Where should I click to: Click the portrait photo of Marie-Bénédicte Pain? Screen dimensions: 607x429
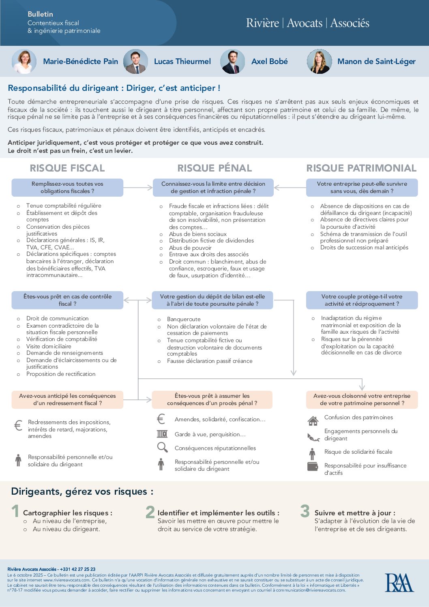click(24, 61)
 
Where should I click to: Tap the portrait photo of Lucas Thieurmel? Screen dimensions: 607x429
click(135, 62)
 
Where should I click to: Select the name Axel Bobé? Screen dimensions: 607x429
click(269, 62)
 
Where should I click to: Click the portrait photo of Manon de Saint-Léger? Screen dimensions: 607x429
click(319, 62)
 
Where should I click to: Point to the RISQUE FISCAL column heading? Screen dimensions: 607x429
click(67, 168)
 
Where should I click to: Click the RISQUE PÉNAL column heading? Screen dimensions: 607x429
click(214, 168)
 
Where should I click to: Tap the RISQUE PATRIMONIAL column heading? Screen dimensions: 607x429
click(361, 168)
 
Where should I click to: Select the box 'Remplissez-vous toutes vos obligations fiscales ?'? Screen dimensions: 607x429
click(67, 187)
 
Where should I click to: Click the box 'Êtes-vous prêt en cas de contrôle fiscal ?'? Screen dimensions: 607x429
click(67, 300)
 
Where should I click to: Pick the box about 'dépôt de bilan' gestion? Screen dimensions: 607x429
click(212, 300)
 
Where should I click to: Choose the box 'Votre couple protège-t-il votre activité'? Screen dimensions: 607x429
click(362, 300)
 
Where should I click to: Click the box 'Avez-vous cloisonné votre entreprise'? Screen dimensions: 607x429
click(362, 399)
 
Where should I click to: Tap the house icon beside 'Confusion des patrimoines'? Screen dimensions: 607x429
click(313, 421)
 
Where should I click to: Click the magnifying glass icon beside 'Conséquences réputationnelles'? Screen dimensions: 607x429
click(162, 447)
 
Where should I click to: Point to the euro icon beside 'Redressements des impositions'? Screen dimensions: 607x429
click(18, 425)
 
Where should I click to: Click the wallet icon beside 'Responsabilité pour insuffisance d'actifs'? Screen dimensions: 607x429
click(313, 466)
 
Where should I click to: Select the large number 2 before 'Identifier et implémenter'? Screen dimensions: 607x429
click(150, 512)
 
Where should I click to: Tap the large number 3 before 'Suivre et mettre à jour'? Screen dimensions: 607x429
click(305, 511)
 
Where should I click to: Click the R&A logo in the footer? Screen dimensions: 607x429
click(399, 583)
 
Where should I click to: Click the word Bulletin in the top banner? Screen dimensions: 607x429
click(40, 14)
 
